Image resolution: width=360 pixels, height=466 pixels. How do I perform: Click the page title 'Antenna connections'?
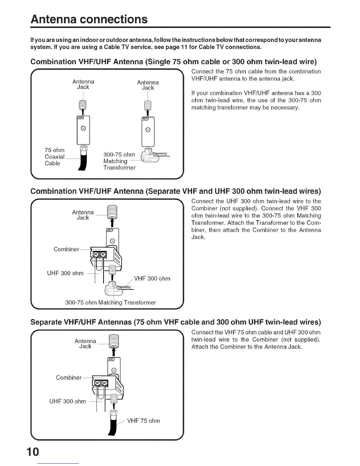[89, 19]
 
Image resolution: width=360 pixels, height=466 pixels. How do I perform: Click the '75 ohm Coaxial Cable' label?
[54, 157]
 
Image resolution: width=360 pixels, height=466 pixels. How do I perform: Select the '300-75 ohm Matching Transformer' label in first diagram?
[119, 161]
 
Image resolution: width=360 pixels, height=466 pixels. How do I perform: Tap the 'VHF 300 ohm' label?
[152, 279]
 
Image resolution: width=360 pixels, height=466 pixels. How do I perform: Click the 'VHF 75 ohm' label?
[144, 421]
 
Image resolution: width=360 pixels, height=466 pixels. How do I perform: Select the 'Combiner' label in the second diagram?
[66, 249]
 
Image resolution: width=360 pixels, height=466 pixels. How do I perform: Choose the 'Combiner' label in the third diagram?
[69, 377]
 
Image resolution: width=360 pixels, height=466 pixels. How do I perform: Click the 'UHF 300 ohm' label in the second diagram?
[65, 273]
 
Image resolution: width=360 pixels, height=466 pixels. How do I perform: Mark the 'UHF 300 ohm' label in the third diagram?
[68, 401]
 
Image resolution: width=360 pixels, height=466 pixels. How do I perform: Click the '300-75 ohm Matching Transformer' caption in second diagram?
[110, 302]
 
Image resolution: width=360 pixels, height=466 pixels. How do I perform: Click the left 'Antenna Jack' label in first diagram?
[83, 84]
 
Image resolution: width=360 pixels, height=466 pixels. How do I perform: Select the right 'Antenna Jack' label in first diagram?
[148, 85]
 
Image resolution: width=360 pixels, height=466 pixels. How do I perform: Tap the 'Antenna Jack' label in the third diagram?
[85, 344]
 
